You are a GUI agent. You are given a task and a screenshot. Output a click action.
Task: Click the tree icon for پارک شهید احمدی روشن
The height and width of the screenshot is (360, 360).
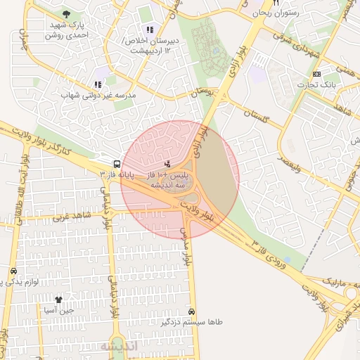[66, 13]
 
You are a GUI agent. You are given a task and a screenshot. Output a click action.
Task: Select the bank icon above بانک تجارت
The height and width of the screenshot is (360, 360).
[316, 75]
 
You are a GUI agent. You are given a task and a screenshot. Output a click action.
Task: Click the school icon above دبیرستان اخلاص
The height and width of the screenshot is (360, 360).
[149, 30]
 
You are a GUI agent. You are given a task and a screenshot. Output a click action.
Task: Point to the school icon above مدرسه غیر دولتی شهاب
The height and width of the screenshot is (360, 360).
[98, 84]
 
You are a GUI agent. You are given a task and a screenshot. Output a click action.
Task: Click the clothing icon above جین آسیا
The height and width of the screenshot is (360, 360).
[58, 300]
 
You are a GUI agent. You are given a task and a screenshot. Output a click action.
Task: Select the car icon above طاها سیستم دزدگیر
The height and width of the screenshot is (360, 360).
[192, 311]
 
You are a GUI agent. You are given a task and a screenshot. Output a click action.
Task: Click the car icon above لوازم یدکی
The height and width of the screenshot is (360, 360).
[13, 271]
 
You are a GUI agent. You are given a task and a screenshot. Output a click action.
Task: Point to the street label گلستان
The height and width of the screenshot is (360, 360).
[257, 116]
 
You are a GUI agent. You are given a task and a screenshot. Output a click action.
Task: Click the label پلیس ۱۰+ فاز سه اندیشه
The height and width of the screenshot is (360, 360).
[167, 179]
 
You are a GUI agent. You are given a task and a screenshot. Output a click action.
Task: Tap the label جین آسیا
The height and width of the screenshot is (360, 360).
[58, 310]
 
